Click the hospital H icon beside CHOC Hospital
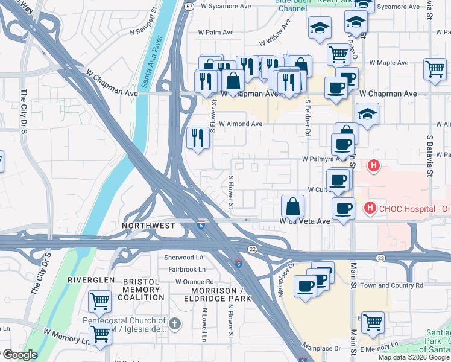pyautogui.click(x=370, y=209)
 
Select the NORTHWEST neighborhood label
pyautogui.click(x=149, y=225)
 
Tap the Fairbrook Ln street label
pyautogui.click(x=186, y=269)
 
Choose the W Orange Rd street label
pyautogui.click(x=194, y=281)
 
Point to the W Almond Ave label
pyautogui.click(x=240, y=124)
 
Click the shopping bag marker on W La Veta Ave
pyautogui.click(x=292, y=206)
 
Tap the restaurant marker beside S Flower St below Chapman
pyautogui.click(x=198, y=138)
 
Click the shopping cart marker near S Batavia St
pyautogui.click(x=434, y=69)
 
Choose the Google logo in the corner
pyautogui.click(x=20, y=355)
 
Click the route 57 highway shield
pyautogui.click(x=190, y=6)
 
